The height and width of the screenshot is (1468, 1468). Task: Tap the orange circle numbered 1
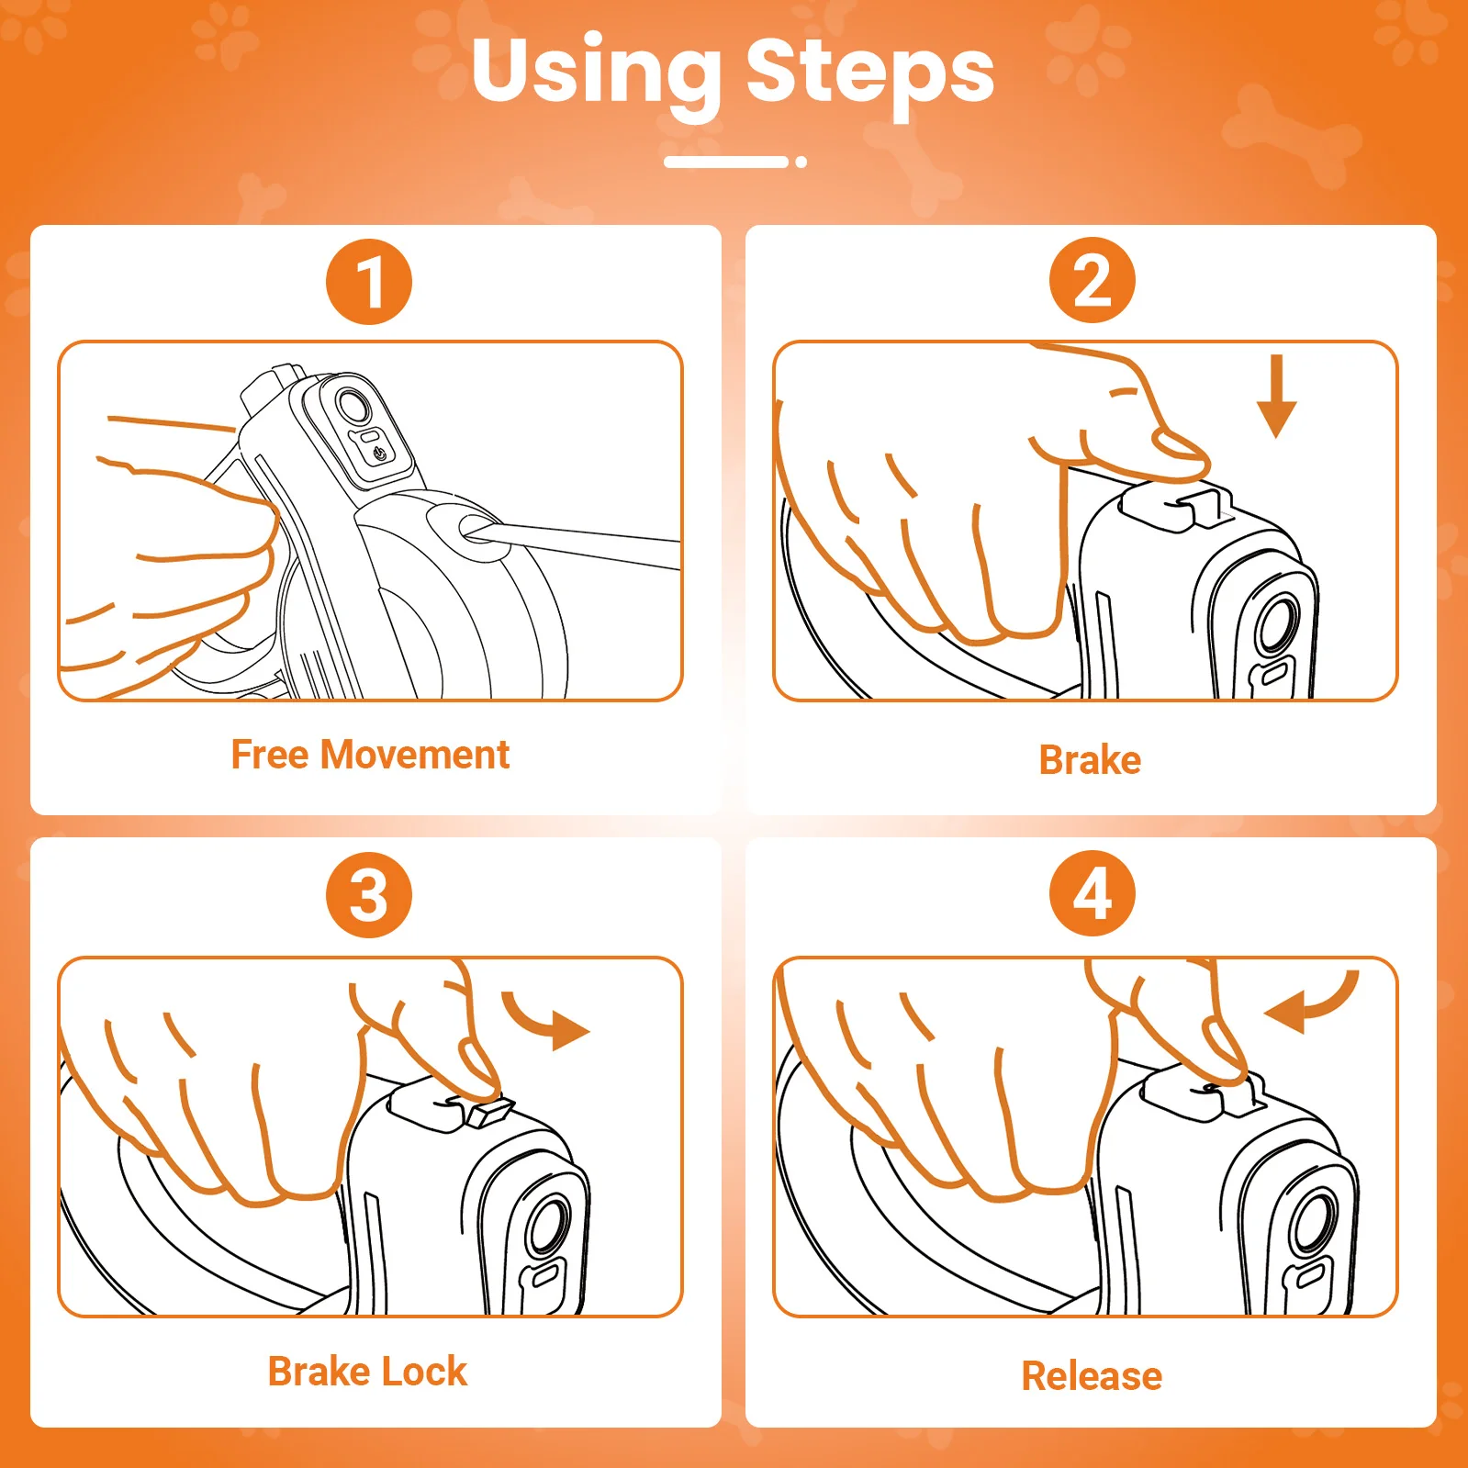tap(369, 282)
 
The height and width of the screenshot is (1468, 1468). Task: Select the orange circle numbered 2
tap(1093, 280)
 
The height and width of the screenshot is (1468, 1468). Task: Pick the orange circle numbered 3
tap(369, 895)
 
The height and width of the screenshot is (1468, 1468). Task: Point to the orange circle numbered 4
tap(1093, 893)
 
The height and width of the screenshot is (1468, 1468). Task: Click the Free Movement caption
tap(370, 755)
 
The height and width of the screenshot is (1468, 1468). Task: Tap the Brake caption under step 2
tap(1090, 760)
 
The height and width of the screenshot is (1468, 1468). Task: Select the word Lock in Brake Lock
tap(425, 1372)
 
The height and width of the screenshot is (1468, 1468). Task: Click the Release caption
tap(1092, 1376)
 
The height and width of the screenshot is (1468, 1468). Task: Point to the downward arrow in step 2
tap(1276, 397)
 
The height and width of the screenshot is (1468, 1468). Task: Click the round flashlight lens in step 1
tap(353, 405)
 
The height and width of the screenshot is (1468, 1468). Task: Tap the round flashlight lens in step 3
tap(550, 1226)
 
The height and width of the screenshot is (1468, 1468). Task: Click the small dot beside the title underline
tap(801, 162)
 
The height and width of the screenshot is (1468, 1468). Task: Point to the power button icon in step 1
tap(380, 453)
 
